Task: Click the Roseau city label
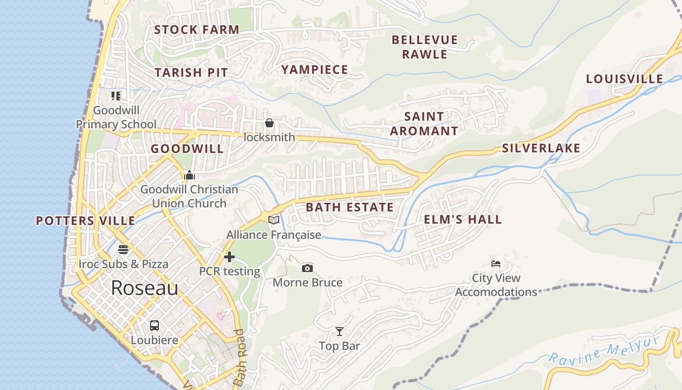click(144, 288)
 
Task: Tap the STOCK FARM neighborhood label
click(197, 30)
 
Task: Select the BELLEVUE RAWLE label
click(425, 47)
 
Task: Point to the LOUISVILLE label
click(624, 79)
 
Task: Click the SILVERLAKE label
click(541, 148)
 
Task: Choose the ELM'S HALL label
click(463, 219)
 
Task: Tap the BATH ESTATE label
click(349, 207)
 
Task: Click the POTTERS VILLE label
click(86, 221)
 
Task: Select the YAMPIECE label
click(315, 70)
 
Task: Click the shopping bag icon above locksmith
click(269, 123)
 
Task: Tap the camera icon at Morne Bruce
click(307, 268)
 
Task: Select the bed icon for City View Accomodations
click(495, 264)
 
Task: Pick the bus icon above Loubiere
click(154, 325)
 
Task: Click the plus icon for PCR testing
click(229, 257)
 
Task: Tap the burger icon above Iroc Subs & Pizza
click(123, 250)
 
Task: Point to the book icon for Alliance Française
click(274, 220)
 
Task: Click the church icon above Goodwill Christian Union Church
click(189, 175)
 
